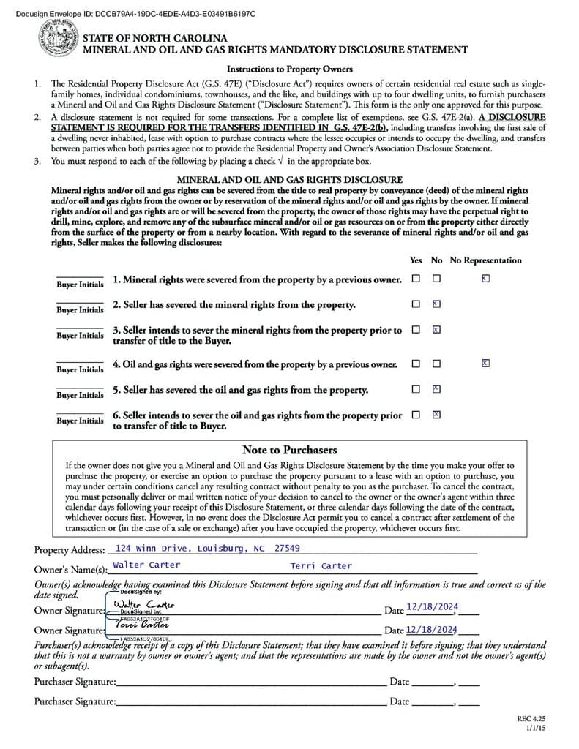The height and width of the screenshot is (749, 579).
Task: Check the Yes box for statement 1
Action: point(416,279)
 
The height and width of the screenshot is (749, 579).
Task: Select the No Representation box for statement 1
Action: point(485,279)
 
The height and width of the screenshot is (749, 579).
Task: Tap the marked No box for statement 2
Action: point(436,304)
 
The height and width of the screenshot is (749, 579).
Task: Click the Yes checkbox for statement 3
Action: point(416,330)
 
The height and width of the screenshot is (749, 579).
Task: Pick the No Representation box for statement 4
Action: point(485,363)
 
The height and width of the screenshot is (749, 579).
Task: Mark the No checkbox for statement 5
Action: point(436,388)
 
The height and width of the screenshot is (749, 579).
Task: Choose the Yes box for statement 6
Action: point(416,414)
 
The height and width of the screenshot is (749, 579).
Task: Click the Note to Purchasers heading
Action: point(289,450)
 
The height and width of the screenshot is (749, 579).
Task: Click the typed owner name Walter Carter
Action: point(146,565)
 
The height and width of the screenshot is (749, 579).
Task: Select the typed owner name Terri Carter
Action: point(321,565)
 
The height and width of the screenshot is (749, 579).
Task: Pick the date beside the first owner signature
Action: point(432,606)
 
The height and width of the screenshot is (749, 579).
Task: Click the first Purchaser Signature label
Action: point(75,682)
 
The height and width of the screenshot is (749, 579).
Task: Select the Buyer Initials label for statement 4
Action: point(80,369)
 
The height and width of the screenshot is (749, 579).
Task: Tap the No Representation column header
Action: point(485,260)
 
